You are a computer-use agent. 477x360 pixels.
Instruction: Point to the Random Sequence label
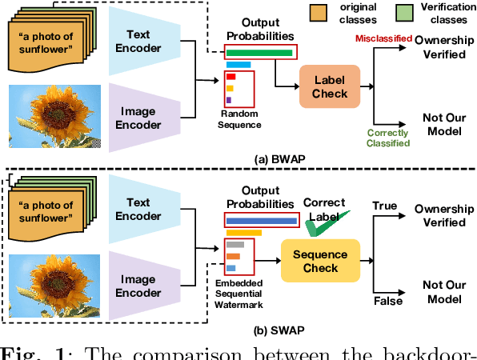(x=240, y=119)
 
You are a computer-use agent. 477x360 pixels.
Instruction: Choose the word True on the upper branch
(x=384, y=206)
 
